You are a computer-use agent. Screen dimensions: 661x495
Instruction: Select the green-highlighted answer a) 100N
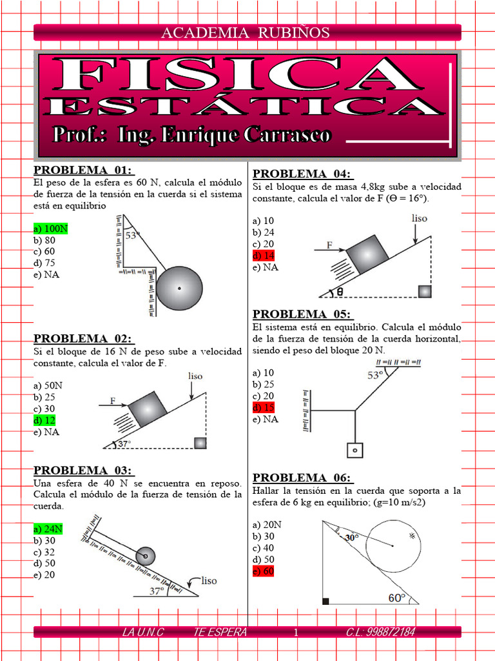[x=50, y=229]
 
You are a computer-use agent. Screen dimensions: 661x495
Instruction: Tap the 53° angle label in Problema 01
[x=131, y=236]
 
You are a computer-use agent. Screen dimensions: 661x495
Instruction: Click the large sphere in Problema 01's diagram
[x=179, y=288]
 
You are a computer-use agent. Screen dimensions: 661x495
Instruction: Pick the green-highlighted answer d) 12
[x=46, y=420]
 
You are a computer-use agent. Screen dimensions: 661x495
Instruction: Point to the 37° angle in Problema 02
[x=123, y=443]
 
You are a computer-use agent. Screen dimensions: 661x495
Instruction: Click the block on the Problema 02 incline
[x=148, y=409]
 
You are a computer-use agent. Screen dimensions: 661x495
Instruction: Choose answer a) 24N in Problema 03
[x=48, y=529]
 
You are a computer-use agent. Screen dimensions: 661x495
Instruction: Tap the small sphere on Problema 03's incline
[x=146, y=555]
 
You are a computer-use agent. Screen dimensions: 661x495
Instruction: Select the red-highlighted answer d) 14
[x=264, y=256]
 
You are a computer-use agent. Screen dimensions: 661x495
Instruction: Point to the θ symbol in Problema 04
[x=339, y=292]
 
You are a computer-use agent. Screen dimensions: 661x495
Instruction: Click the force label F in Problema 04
[x=330, y=245]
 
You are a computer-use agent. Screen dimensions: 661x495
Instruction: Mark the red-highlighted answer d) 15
[x=264, y=408]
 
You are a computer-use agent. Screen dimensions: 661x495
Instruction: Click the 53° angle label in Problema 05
[x=375, y=374]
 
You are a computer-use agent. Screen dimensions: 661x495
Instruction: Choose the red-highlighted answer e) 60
[x=264, y=571]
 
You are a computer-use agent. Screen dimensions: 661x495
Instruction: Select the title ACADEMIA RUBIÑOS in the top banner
[x=245, y=32]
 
